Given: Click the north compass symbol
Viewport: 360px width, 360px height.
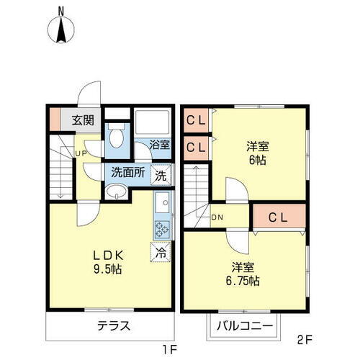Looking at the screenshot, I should [x=61, y=28].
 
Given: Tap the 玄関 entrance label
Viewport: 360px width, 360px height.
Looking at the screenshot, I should [x=81, y=120].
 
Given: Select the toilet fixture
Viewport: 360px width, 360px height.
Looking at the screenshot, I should [x=117, y=135].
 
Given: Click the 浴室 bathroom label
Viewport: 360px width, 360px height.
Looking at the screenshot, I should [x=159, y=144].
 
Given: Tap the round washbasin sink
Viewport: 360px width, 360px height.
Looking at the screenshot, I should [x=116, y=192].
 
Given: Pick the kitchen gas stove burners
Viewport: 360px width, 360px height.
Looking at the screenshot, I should [x=161, y=230].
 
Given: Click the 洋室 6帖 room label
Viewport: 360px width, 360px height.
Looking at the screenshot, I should [x=257, y=153].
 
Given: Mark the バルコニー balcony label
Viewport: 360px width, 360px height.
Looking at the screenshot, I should [x=244, y=327].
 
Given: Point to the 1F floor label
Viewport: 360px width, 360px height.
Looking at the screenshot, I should [x=170, y=350].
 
